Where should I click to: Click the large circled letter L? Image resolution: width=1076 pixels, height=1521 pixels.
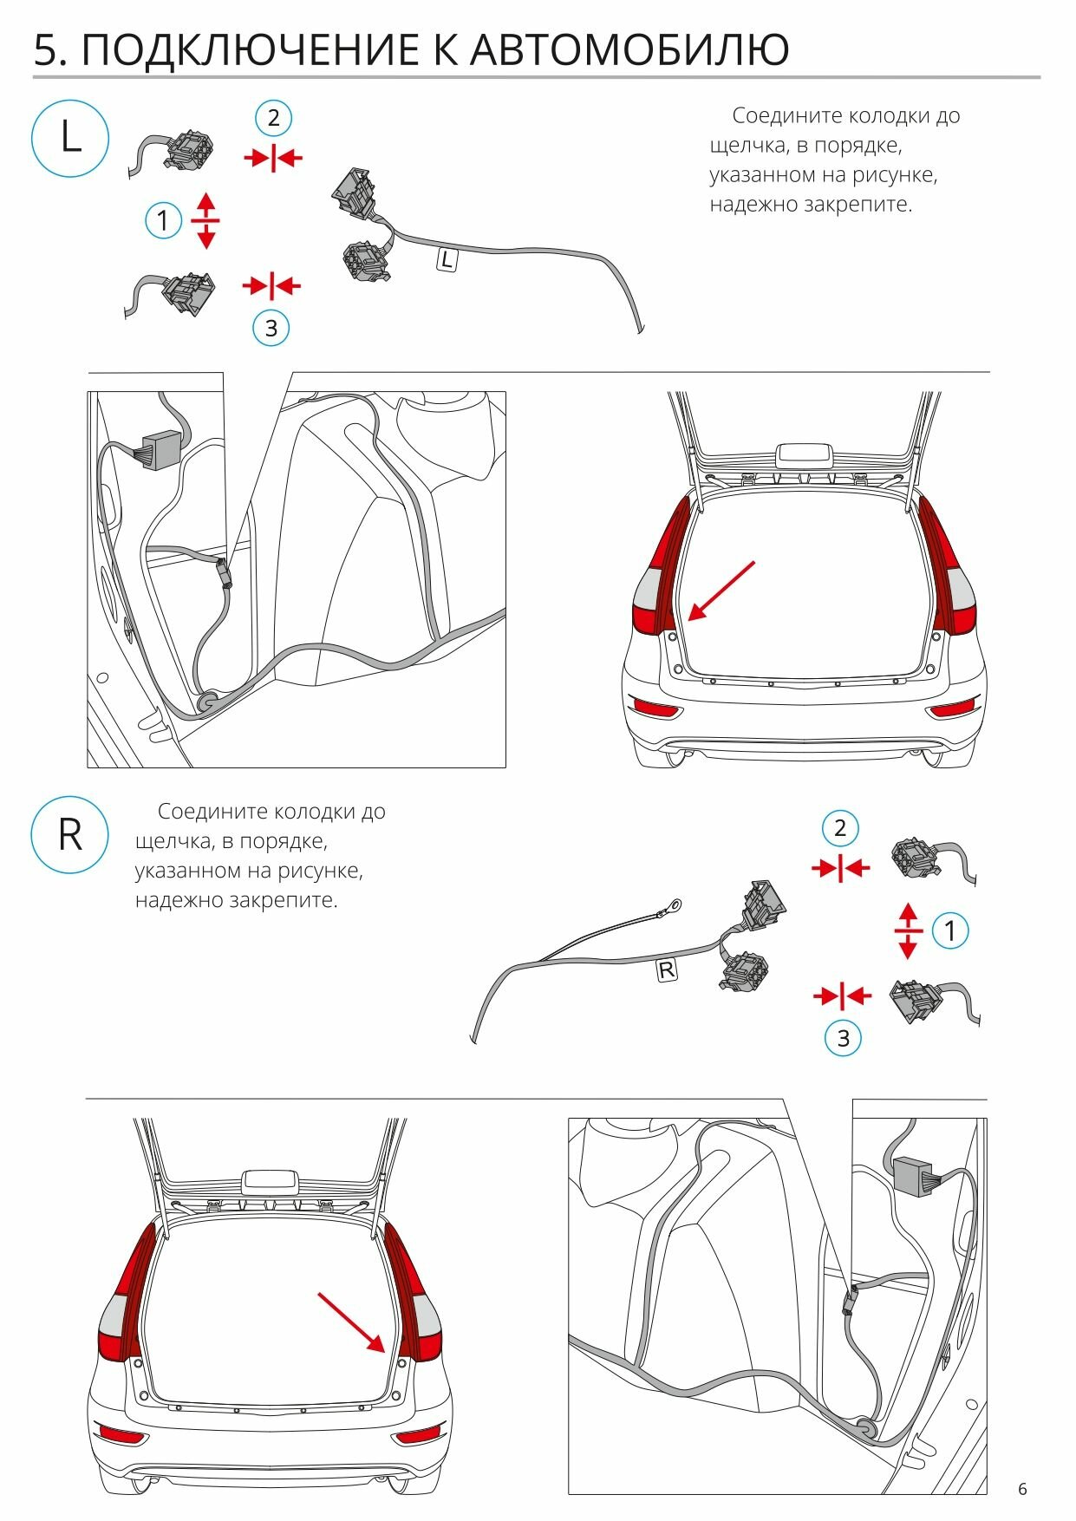(x=70, y=138)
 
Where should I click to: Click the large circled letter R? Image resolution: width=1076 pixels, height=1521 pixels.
(x=70, y=835)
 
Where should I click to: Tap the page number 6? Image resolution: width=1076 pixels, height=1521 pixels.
(x=1023, y=1489)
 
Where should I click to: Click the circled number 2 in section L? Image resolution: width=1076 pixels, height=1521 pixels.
(x=273, y=118)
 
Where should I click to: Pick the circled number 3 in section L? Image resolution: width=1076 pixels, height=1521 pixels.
(x=271, y=329)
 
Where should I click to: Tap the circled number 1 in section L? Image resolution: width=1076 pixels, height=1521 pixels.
(x=163, y=221)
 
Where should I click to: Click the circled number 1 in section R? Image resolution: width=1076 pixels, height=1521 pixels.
(x=950, y=931)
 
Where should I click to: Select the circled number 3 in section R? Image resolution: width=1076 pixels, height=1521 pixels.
(x=843, y=1038)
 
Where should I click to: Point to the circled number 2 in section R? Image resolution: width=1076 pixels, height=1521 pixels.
(x=839, y=828)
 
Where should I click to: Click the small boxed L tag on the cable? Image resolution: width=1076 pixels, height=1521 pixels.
(x=447, y=259)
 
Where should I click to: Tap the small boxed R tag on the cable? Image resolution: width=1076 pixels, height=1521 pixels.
(x=666, y=969)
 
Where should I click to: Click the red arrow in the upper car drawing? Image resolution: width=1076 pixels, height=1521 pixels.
(x=721, y=591)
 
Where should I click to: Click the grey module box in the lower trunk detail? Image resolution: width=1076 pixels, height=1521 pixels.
(x=914, y=1175)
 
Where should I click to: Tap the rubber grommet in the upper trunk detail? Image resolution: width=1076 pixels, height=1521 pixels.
(x=208, y=701)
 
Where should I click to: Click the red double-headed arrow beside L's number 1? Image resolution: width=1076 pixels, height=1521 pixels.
(x=205, y=221)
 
